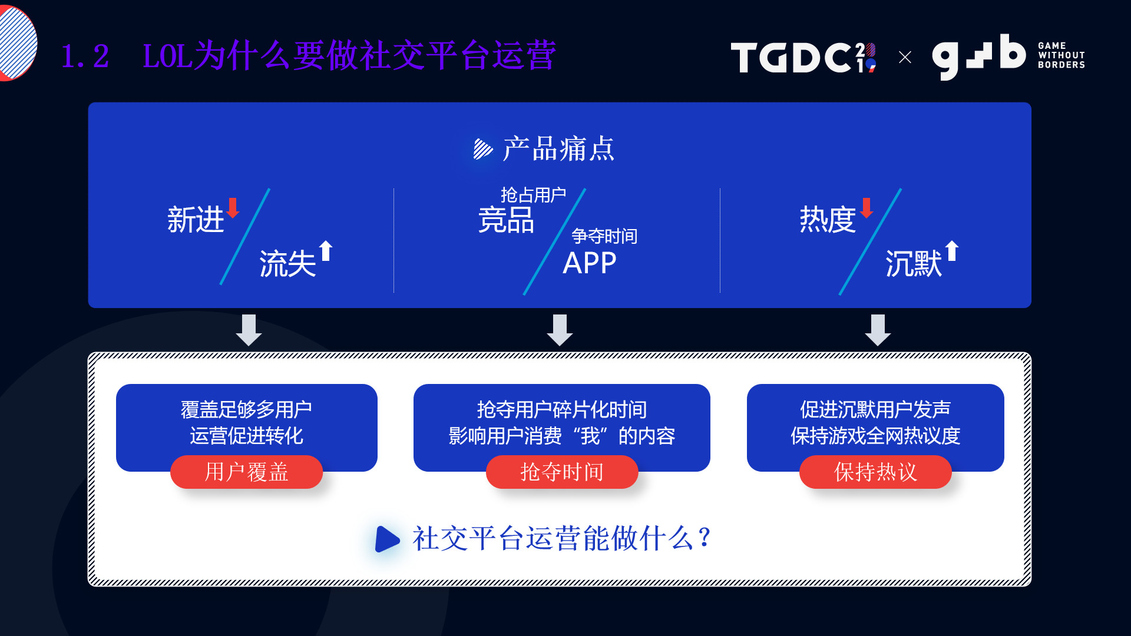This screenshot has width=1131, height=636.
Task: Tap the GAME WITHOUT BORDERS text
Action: (1061, 55)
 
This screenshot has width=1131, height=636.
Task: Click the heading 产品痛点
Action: (558, 148)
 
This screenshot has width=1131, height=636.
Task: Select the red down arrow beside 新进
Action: (233, 208)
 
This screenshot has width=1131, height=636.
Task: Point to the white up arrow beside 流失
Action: (326, 250)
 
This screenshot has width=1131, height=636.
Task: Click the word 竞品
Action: (506, 220)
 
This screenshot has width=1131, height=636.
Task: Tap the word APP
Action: (589, 263)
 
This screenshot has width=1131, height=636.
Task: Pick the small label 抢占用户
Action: (533, 194)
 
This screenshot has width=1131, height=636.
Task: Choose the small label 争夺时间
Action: (604, 236)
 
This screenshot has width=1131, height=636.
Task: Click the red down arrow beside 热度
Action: (867, 208)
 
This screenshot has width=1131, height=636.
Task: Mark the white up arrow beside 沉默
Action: (952, 250)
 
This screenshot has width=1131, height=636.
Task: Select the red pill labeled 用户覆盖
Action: (246, 472)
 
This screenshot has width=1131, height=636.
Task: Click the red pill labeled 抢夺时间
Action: (561, 472)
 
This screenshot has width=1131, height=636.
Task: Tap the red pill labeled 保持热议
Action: (875, 472)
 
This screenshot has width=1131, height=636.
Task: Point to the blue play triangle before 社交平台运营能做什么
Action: (387, 538)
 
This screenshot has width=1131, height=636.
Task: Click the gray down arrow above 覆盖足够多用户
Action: (249, 330)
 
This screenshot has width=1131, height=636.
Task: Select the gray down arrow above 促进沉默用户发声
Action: (878, 330)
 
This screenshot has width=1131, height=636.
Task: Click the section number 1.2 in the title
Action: (85, 57)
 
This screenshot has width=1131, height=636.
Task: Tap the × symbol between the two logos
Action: (905, 57)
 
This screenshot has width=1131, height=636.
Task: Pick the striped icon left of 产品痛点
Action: (483, 149)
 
